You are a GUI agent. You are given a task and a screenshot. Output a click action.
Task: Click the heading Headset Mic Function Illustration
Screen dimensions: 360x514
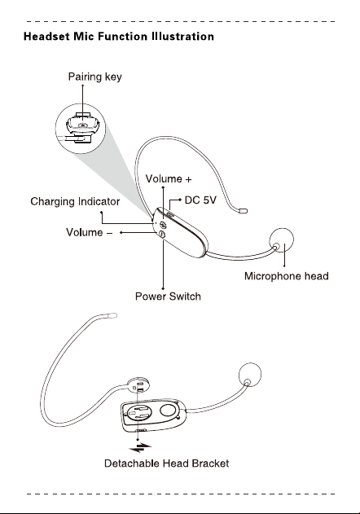tap(119, 36)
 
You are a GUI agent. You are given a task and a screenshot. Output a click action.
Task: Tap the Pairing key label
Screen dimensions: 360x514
tap(94, 77)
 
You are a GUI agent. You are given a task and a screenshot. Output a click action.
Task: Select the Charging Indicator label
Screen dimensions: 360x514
tap(75, 201)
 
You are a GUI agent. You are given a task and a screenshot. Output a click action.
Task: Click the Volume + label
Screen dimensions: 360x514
tap(169, 179)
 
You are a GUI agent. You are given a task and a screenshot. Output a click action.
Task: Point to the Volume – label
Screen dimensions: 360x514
tap(89, 232)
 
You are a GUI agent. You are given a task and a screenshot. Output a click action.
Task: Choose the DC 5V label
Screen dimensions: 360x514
tap(200, 200)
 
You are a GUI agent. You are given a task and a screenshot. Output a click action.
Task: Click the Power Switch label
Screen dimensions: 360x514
tap(168, 297)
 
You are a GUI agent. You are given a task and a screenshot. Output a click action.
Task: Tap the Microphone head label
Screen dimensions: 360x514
tap(286, 276)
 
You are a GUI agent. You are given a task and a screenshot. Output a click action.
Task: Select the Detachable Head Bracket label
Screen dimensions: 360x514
tap(166, 463)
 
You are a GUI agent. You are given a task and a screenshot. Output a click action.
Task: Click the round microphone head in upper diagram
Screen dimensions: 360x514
tap(282, 240)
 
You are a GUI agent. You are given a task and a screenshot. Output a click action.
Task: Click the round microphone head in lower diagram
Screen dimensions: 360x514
tap(250, 374)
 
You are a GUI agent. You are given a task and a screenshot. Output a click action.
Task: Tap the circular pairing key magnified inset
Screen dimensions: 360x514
tap(81, 128)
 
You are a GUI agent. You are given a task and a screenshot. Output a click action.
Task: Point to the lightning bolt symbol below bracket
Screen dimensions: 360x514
tap(140, 447)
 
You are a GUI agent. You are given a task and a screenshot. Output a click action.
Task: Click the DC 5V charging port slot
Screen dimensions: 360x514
tap(170, 214)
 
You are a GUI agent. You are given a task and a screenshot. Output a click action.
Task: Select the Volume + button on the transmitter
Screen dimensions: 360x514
tap(163, 225)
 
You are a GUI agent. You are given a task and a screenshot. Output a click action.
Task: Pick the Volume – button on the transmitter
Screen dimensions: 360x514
tap(162, 234)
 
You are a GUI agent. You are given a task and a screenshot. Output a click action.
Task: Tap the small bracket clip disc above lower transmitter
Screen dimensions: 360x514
tap(140, 385)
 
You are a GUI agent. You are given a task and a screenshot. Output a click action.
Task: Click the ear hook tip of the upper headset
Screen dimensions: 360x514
tap(244, 211)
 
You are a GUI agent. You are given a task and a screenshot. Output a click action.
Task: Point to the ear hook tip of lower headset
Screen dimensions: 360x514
tap(112, 316)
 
